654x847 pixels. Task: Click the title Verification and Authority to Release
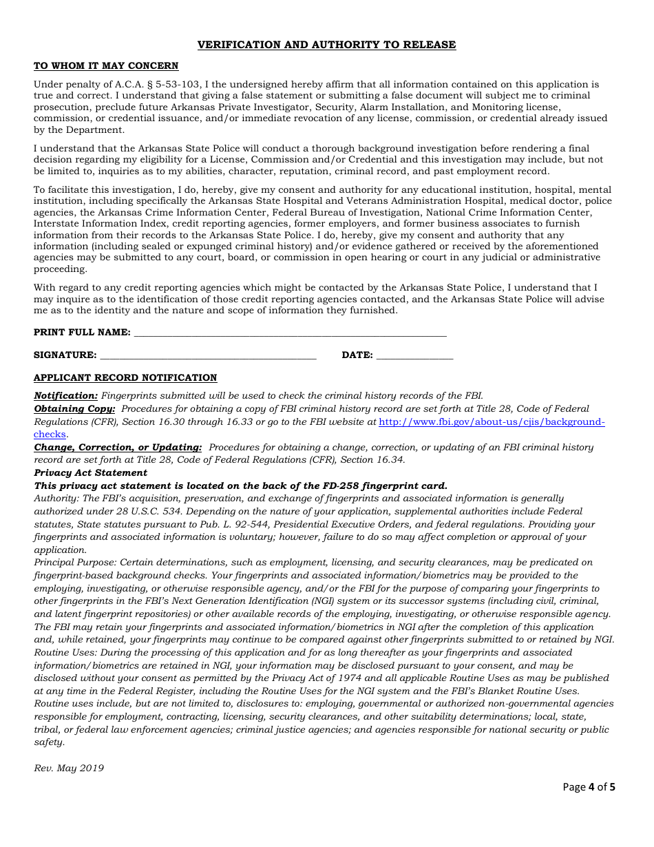tap(326, 45)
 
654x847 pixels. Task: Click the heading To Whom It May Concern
tap(106, 66)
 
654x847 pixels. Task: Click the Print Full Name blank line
tap(290, 333)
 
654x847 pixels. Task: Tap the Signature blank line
tap(208, 355)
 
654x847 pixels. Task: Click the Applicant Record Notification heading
tap(125, 378)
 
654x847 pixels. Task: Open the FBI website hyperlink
tap(492, 421)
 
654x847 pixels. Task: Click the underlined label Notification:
tap(66, 396)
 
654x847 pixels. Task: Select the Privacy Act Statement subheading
tap(90, 473)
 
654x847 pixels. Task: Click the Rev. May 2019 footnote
tap(69, 768)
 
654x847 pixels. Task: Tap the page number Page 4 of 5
tap(589, 786)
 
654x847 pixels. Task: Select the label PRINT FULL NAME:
tap(82, 333)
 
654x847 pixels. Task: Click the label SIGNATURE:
tap(65, 355)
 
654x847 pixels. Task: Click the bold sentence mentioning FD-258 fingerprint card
tap(240, 486)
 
